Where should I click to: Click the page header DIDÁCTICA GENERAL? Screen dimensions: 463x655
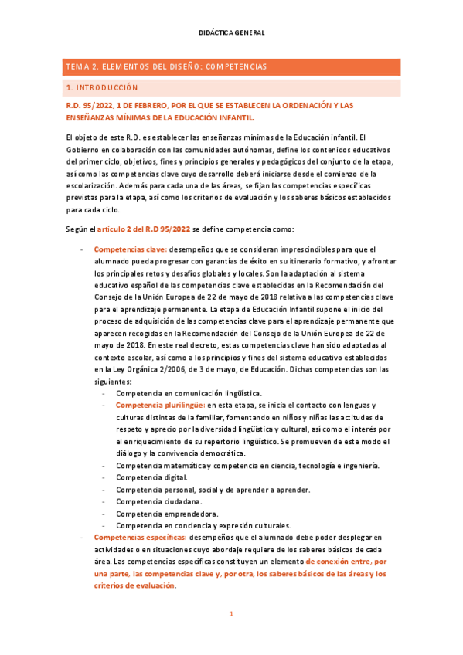(x=232, y=32)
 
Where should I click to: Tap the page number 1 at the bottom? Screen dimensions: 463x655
(x=230, y=614)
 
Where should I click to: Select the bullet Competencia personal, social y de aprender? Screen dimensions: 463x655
(x=213, y=490)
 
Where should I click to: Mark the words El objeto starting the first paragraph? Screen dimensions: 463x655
(x=83, y=137)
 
